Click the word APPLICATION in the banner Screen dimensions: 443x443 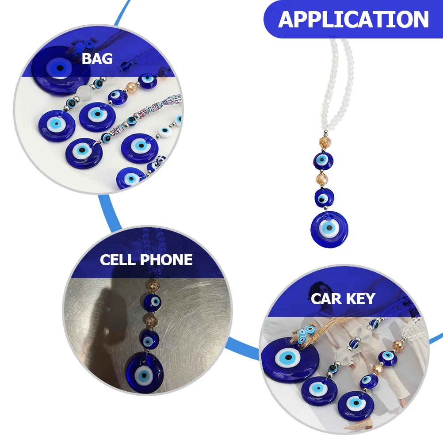pyautogui.click(x=353, y=19)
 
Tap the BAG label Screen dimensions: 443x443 pyautogui.click(x=97, y=58)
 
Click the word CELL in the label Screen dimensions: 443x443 pyautogui.click(x=117, y=260)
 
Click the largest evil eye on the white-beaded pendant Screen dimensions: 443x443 pyautogui.click(x=329, y=229)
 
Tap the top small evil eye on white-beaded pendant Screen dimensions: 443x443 pyautogui.click(x=324, y=160)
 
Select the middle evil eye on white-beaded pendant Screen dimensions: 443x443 pyautogui.click(x=324, y=197)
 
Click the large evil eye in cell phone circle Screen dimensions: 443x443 pyautogui.click(x=144, y=372)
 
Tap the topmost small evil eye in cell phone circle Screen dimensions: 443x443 pyautogui.click(x=153, y=302)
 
